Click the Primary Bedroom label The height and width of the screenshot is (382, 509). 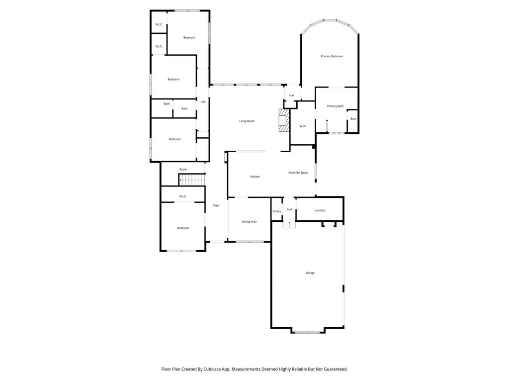point(332,57)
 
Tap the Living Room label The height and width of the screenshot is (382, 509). point(247,121)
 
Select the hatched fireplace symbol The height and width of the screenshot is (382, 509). point(284,120)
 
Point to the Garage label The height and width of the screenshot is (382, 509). point(310,273)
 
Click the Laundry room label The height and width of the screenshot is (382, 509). point(320,210)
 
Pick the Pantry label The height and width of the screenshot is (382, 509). point(276,211)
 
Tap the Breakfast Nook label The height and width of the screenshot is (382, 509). point(298,173)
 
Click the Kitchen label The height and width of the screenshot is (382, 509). point(255,177)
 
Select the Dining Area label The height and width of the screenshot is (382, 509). point(249,221)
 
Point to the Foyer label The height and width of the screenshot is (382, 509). point(216,205)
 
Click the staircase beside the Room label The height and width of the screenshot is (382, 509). point(192,180)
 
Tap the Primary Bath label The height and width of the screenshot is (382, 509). point(335,106)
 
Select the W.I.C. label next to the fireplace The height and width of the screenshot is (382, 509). point(303,126)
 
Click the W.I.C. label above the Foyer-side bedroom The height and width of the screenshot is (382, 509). point(183,196)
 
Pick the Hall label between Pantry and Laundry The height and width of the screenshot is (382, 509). point(290,209)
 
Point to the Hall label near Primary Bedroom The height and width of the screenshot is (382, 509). point(291,95)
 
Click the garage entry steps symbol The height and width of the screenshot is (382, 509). point(289,225)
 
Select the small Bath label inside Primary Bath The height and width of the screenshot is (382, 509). point(353,119)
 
